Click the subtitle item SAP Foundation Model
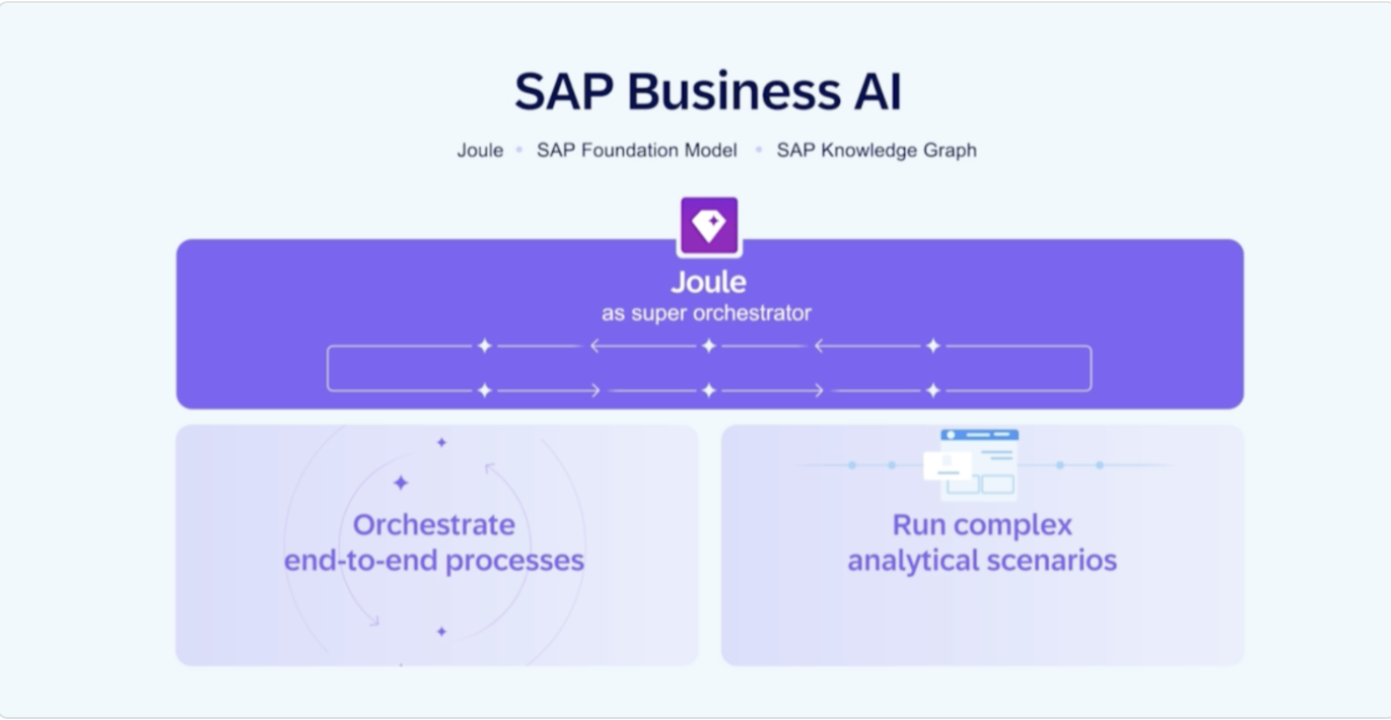(636, 150)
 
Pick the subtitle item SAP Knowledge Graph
(876, 150)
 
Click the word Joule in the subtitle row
(480, 150)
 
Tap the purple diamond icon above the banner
(709, 225)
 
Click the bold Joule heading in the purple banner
(708, 282)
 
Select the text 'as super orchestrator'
(706, 314)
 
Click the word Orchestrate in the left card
(434, 524)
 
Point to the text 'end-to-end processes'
(434, 561)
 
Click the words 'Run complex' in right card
(981, 524)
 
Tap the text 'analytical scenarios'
(981, 561)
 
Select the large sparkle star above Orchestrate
(401, 483)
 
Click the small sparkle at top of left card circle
(441, 442)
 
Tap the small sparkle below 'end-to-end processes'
(441, 631)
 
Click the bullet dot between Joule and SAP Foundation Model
(519, 150)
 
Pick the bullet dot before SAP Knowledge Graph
(759, 150)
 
